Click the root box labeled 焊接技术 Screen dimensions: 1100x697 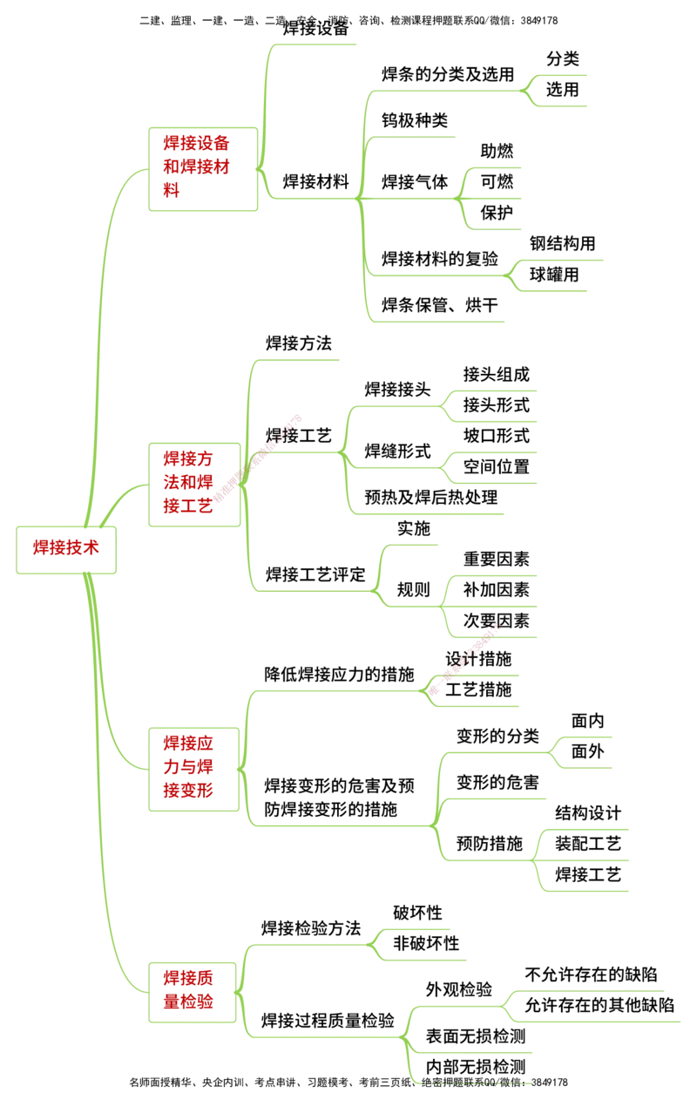point(65,549)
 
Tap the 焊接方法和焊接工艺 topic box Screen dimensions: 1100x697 point(195,482)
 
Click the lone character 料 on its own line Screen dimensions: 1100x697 point(171,191)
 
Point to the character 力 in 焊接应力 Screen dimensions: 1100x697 point(170,768)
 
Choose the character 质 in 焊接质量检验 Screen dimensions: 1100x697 point(204,979)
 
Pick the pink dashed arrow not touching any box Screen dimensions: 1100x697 point(466,658)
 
